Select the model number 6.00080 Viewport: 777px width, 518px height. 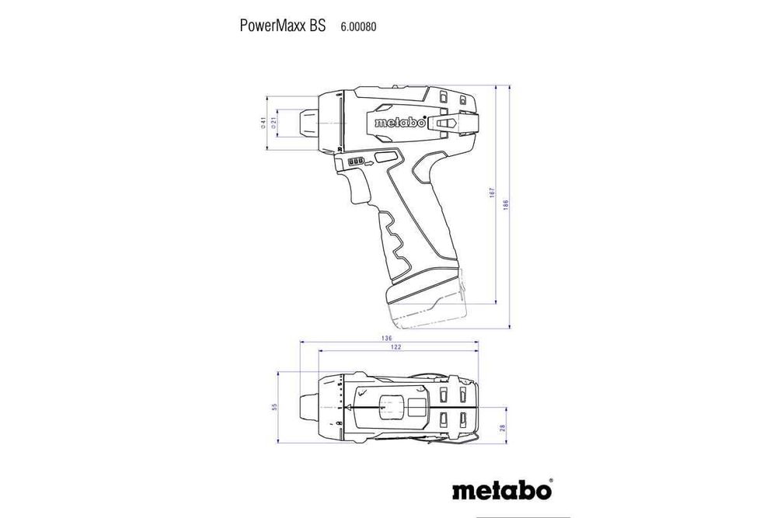pos(358,26)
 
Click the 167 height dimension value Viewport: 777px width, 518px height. pos(492,193)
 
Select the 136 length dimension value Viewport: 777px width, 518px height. pos(387,338)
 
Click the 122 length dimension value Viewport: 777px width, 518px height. pos(396,347)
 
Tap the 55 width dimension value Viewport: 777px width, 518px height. pos(274,408)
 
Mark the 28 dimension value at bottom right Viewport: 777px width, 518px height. pos(503,427)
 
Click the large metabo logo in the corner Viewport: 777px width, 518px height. pos(501,492)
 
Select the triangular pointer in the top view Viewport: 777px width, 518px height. pos(359,408)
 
